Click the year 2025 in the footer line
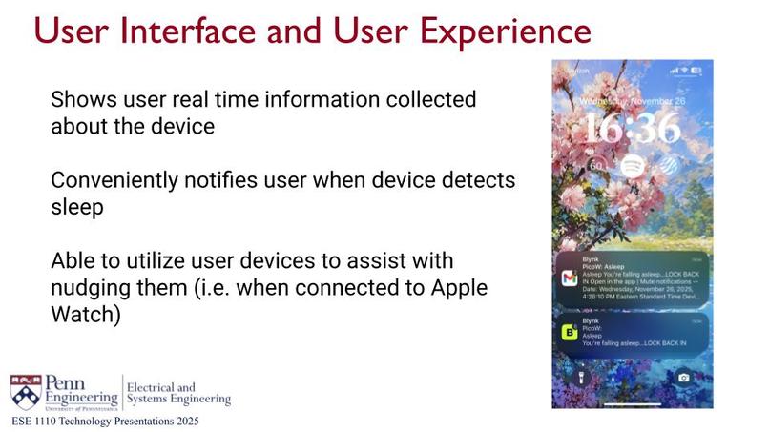point(183,421)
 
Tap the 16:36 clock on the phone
point(633,128)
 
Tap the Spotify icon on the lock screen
point(631,166)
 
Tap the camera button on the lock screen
point(684,378)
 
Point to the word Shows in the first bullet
point(78,99)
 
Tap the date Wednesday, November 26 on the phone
point(632,97)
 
